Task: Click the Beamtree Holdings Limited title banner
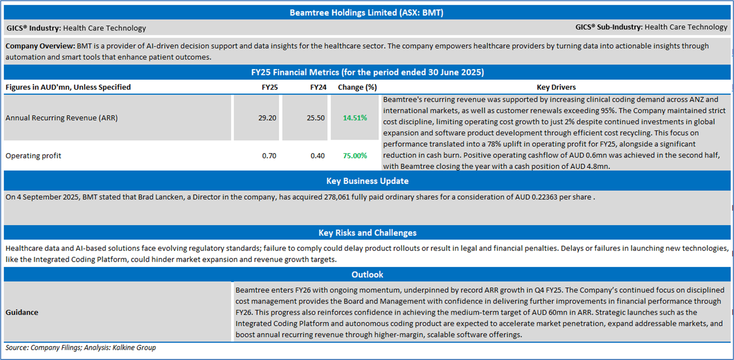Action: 366,12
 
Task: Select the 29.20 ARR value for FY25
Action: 267,118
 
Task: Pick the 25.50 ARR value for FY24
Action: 315,118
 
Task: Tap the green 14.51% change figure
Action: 355,118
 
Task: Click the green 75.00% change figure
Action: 355,156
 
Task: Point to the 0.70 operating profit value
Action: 269,156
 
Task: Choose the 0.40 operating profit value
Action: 317,156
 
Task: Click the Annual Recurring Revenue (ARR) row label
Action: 61,118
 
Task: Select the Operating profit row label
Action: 33,156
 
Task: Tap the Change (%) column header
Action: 357,87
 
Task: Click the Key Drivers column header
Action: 556,87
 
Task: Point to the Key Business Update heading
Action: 367,181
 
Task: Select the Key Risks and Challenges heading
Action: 367,233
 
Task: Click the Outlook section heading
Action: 367,274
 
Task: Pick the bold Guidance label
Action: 22,312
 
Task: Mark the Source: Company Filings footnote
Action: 81,348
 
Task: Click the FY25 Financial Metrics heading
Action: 367,72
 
